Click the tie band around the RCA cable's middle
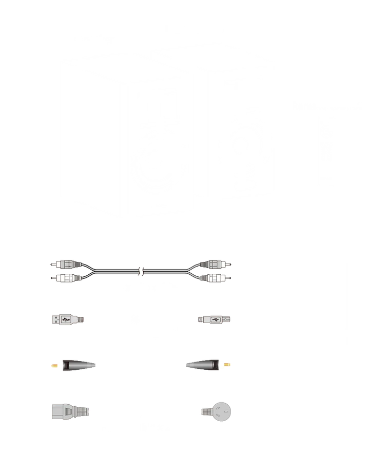(x=142, y=271)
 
